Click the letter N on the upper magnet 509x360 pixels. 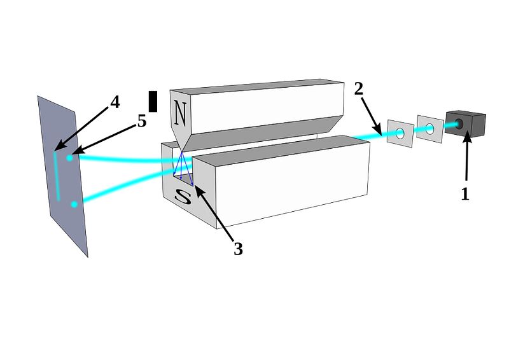click(181, 114)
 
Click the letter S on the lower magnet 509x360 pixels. click(183, 196)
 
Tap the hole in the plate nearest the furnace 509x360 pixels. click(429, 129)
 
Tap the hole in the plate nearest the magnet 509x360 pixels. click(400, 133)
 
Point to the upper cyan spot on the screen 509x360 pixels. click(68, 156)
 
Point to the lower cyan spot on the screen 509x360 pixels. click(75, 204)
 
